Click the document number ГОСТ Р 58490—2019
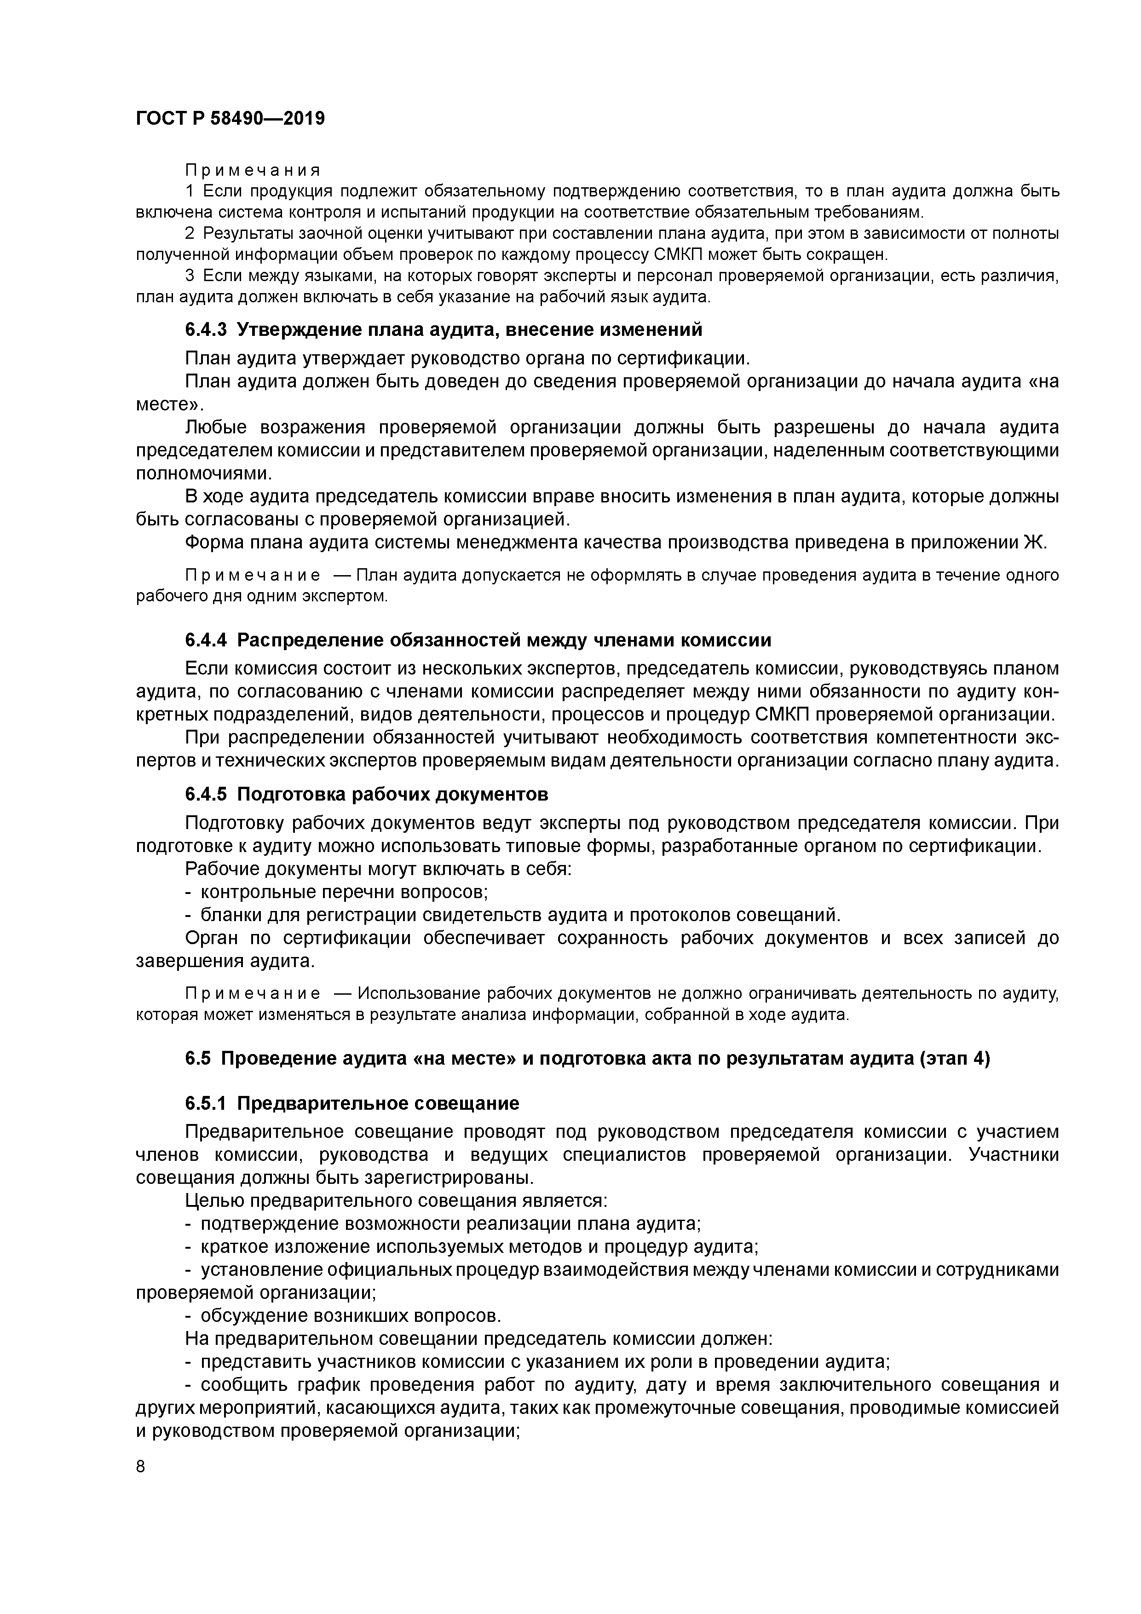(x=230, y=119)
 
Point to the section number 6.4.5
(x=206, y=794)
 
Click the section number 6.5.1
(x=206, y=1103)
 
